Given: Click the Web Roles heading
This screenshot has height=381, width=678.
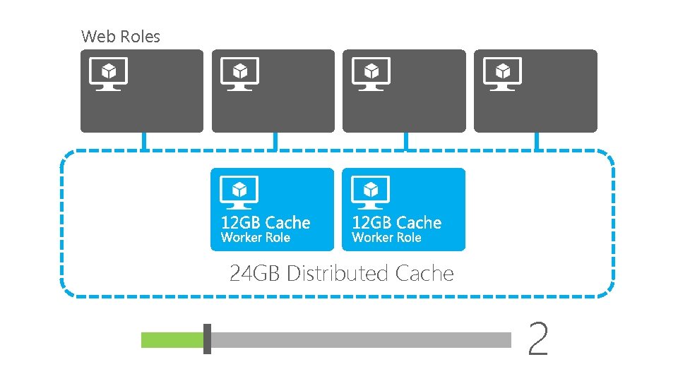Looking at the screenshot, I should pyautogui.click(x=121, y=36).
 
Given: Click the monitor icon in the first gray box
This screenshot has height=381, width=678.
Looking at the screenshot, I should pyautogui.click(x=108, y=73).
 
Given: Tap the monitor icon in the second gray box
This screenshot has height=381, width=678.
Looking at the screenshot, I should pyautogui.click(x=239, y=73).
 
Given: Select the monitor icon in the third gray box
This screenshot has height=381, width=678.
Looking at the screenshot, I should pyautogui.click(x=371, y=73).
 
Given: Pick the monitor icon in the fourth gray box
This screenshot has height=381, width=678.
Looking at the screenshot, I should pyautogui.click(x=502, y=73).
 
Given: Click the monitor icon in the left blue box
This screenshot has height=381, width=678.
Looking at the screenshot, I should pyautogui.click(x=239, y=191).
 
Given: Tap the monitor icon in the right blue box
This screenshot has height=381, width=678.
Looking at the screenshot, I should pyautogui.click(x=371, y=191).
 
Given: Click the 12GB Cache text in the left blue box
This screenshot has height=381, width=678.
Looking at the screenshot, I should pyautogui.click(x=266, y=222).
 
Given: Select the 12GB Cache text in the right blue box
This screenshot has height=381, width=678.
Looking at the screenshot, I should pyautogui.click(x=397, y=222).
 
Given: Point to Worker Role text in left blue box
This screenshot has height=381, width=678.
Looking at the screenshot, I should pyautogui.click(x=256, y=238).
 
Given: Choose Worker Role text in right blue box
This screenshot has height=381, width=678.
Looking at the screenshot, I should pyautogui.click(x=386, y=238).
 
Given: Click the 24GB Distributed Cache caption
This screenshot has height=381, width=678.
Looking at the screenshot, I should pyautogui.click(x=342, y=273).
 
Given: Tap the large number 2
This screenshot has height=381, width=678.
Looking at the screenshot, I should pyautogui.click(x=538, y=339).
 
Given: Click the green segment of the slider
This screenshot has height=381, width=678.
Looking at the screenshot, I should pyautogui.click(x=172, y=340).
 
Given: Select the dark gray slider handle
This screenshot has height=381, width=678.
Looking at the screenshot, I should pyautogui.click(x=207, y=339).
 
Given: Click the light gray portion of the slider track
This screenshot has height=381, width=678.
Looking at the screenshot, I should pyautogui.click(x=360, y=340).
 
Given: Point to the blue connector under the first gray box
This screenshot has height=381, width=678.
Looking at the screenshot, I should pyautogui.click(x=143, y=141).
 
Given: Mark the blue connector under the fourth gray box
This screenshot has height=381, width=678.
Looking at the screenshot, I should pyautogui.click(x=537, y=141).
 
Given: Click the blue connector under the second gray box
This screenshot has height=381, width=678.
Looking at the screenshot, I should pyautogui.click(x=275, y=141).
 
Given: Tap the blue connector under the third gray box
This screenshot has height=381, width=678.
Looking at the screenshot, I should pyautogui.click(x=405, y=141).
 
